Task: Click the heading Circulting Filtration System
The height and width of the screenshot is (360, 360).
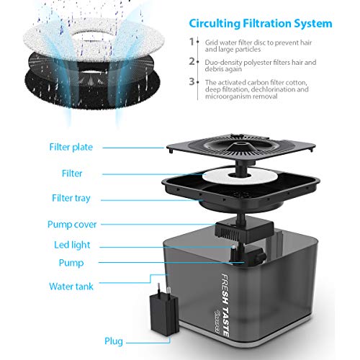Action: [261, 24]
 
